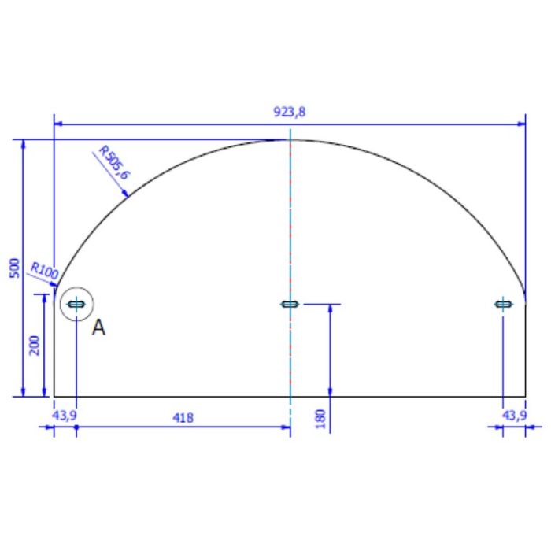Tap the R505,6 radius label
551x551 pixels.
(x=113, y=161)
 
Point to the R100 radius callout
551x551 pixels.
(x=44, y=271)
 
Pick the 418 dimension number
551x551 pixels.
(x=183, y=416)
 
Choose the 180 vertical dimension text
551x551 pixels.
(x=320, y=416)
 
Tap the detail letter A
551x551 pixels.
(x=98, y=327)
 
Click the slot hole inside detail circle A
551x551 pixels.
(x=76, y=304)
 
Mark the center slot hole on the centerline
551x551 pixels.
(x=290, y=304)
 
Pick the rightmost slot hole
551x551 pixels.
(x=502, y=304)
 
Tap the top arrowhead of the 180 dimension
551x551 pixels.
(x=330, y=309)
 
